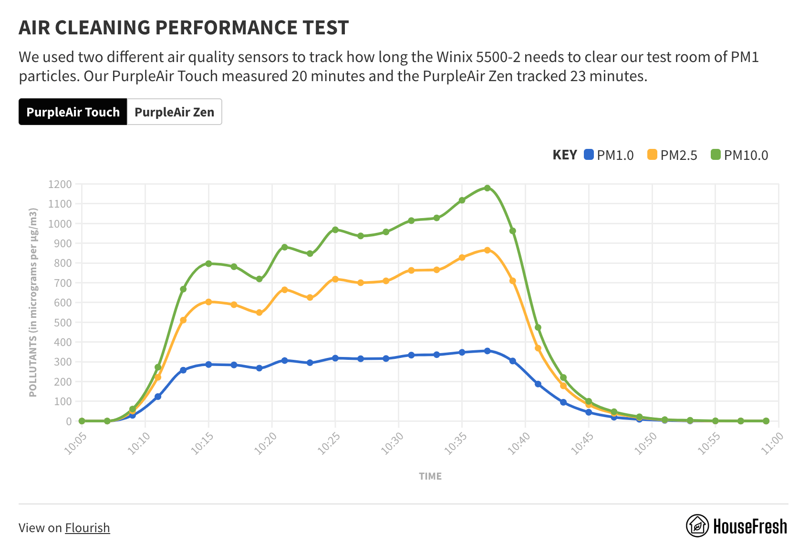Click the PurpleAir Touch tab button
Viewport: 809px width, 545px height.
point(73,112)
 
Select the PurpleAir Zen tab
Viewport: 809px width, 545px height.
point(174,112)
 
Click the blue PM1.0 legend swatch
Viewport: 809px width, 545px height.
point(589,155)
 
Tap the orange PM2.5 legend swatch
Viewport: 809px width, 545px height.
point(652,155)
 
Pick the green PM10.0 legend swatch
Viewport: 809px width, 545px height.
point(716,155)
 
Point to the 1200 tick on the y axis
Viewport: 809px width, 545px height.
point(60,184)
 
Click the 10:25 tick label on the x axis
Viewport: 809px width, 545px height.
point(329,442)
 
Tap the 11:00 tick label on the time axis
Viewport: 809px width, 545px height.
point(772,442)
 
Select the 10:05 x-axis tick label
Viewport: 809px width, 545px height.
point(75,442)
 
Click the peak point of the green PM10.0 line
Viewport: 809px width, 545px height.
point(487,188)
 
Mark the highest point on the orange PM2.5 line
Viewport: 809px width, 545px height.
point(487,250)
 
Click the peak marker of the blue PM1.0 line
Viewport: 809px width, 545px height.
point(487,351)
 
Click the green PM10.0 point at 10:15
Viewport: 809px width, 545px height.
point(208,263)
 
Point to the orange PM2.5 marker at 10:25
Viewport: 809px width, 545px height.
point(335,279)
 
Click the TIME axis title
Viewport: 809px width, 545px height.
point(430,476)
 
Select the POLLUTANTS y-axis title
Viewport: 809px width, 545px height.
point(33,303)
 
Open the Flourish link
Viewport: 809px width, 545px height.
point(87,528)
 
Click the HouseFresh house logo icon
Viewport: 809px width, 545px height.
point(697,526)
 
